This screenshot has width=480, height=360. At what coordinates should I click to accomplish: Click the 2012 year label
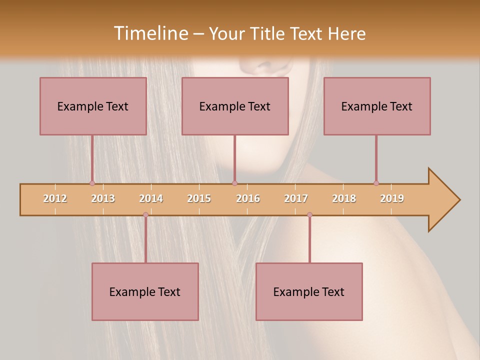click(x=55, y=198)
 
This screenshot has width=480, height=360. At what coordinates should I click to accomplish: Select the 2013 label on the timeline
click(x=103, y=198)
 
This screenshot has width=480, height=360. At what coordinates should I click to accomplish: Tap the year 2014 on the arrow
click(x=151, y=198)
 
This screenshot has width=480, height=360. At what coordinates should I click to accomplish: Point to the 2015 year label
click(x=199, y=198)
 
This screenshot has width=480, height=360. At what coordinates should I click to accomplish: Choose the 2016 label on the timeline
click(x=248, y=198)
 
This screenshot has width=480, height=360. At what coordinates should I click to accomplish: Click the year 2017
click(x=296, y=198)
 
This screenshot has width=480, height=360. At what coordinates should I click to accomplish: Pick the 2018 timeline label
click(x=344, y=198)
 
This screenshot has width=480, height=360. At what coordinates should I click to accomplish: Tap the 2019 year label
click(x=392, y=198)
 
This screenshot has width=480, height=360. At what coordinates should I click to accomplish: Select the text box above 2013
click(x=93, y=106)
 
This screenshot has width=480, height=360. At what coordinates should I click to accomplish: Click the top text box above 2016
click(x=235, y=106)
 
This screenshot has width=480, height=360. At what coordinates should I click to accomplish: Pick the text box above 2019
click(x=377, y=106)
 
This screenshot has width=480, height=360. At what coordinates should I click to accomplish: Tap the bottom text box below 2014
click(x=145, y=291)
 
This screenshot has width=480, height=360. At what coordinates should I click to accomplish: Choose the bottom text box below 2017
click(x=309, y=291)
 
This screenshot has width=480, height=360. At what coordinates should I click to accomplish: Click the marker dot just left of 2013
click(x=92, y=183)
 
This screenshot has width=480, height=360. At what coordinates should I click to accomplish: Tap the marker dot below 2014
click(x=145, y=214)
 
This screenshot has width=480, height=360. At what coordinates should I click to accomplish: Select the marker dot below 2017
click(x=309, y=214)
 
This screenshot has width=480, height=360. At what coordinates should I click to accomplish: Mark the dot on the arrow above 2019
click(x=376, y=183)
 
